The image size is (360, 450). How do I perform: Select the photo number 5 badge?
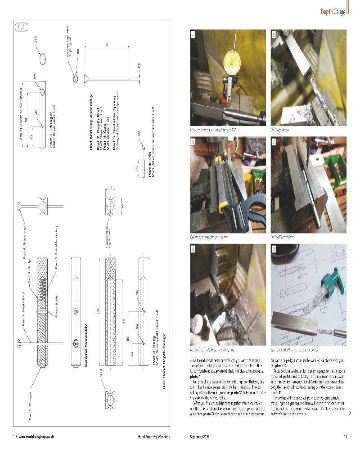pos(274,34)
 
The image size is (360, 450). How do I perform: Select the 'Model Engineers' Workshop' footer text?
pos(153,436)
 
